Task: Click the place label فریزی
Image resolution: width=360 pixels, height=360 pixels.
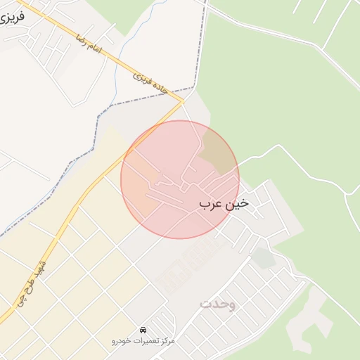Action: [x=13, y=15]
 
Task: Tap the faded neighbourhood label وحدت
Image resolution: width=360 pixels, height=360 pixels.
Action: [x=218, y=304]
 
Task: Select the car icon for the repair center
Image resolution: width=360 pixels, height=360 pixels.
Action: [x=143, y=330]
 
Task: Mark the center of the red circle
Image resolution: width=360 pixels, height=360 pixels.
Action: [x=180, y=179]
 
